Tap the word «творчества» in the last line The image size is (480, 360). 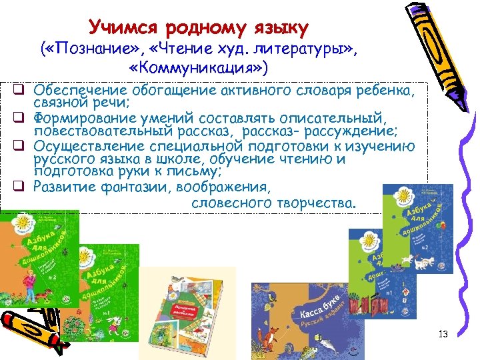pyautogui.click(x=317, y=202)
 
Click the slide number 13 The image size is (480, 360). pyautogui.click(x=443, y=333)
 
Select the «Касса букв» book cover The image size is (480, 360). pyautogui.click(x=300, y=320)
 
